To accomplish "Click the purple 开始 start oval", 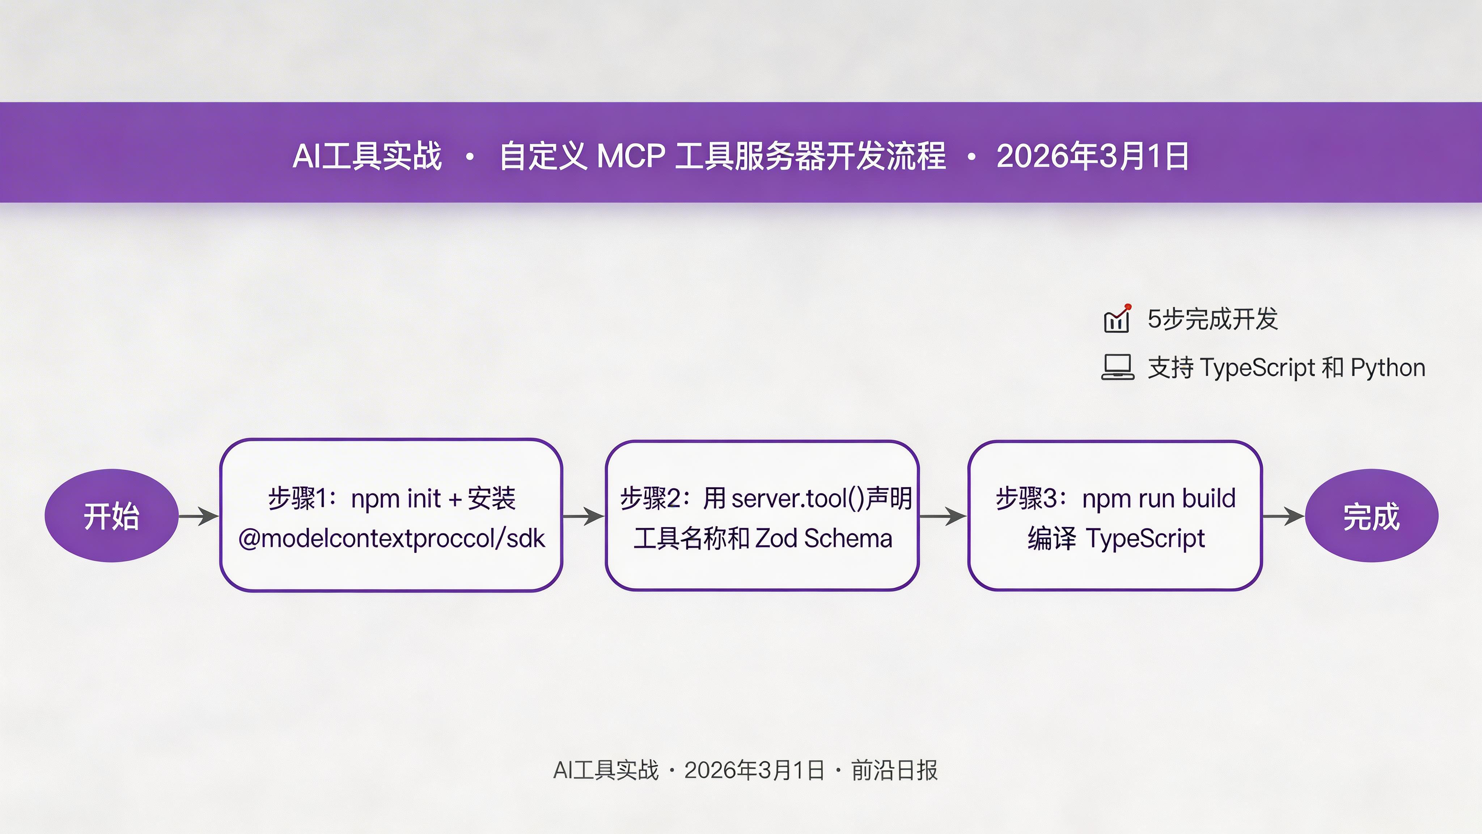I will (x=111, y=516).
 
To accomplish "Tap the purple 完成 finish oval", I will (x=1372, y=516).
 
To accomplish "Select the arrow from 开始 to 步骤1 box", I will (x=199, y=516).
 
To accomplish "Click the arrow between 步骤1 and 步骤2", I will (x=583, y=516).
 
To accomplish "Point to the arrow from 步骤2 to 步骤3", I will (x=943, y=516).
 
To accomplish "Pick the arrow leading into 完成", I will (x=1283, y=516).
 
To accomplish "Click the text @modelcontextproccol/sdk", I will (x=391, y=539).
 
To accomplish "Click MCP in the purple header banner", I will (x=631, y=156).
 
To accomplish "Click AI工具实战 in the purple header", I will (x=367, y=156).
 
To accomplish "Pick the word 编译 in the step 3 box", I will (x=1051, y=539).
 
